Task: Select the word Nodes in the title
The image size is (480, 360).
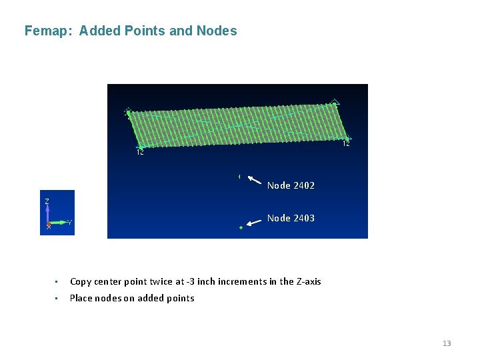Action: tap(217, 31)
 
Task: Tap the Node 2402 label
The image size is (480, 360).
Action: tap(291, 185)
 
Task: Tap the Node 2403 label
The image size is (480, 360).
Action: tap(291, 218)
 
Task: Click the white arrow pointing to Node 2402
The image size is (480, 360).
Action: tap(254, 179)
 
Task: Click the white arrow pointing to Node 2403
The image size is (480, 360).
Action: tap(253, 223)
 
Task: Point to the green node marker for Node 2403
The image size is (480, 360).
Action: tap(241, 228)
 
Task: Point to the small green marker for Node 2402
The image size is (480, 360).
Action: tap(239, 177)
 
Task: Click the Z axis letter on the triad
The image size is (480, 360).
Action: tap(47, 201)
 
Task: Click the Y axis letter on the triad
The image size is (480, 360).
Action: tap(70, 223)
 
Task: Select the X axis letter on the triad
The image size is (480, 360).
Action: tap(48, 227)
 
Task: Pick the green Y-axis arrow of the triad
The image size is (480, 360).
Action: tap(59, 222)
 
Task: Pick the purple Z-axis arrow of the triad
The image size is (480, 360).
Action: tap(47, 213)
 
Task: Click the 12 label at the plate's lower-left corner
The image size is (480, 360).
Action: tap(140, 153)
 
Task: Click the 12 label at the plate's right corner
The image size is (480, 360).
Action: tap(347, 144)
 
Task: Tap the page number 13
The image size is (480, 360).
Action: tap(447, 343)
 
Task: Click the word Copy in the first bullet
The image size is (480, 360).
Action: tap(81, 281)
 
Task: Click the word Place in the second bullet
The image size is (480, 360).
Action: tap(82, 298)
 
